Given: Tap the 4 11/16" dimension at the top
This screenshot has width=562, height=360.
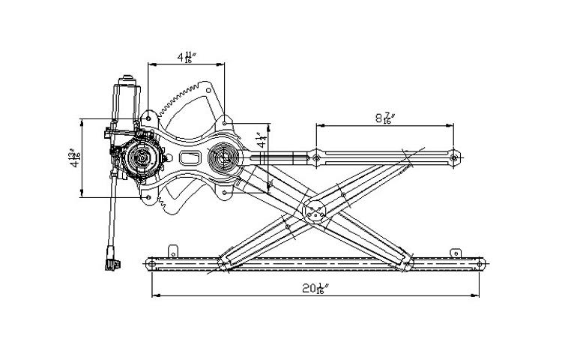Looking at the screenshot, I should tap(185, 57).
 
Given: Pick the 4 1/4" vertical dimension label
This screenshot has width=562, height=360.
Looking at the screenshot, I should tap(260, 140).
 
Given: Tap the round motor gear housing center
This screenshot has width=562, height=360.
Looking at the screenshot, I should tap(140, 157).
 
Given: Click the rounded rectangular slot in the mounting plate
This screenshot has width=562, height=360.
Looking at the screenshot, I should tap(189, 158).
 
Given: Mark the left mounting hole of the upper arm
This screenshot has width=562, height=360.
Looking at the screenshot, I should tap(317, 157).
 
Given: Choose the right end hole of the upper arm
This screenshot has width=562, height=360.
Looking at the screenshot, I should tap(454, 157).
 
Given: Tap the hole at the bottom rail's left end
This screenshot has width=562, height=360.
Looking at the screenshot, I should tap(152, 264).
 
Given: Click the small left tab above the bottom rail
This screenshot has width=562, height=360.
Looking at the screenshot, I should tap(174, 250).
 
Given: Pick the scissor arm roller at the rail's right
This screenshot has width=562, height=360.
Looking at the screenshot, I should tap(406, 264).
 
